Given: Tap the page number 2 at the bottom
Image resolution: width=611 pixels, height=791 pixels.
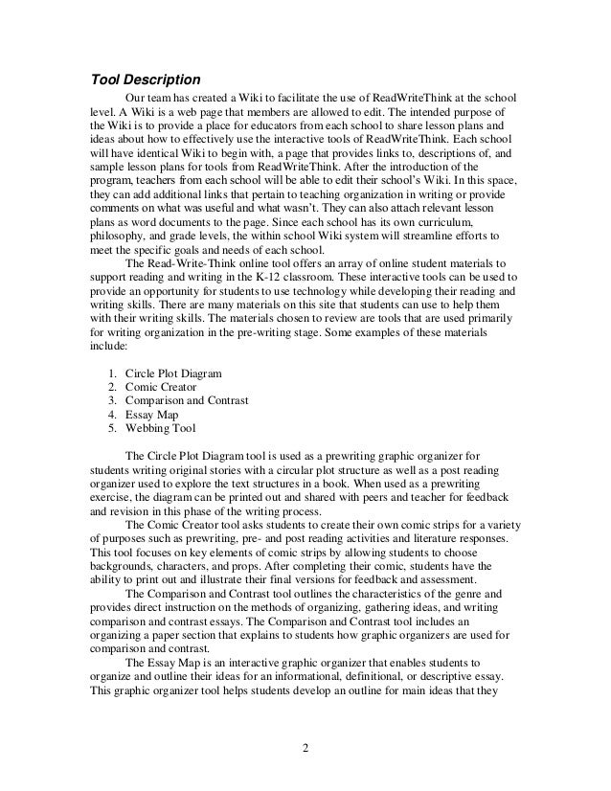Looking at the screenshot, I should point(305,747).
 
